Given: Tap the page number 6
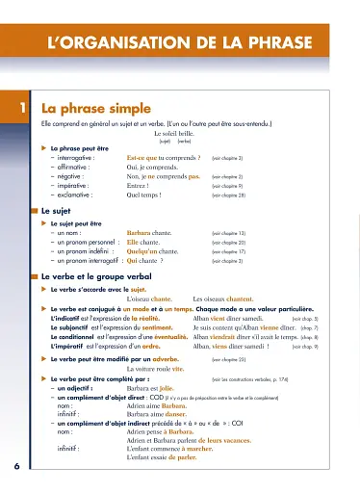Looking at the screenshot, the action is tap(17, 466).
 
